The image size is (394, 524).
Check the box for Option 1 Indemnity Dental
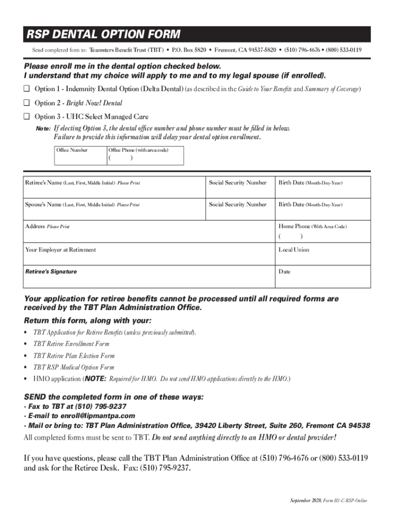[27, 90]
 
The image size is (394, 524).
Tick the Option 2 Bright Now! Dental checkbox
[27, 103]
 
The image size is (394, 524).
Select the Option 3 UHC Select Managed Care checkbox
[27, 117]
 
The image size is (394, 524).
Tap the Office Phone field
[145, 158]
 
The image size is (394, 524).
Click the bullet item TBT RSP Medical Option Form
[74, 367]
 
